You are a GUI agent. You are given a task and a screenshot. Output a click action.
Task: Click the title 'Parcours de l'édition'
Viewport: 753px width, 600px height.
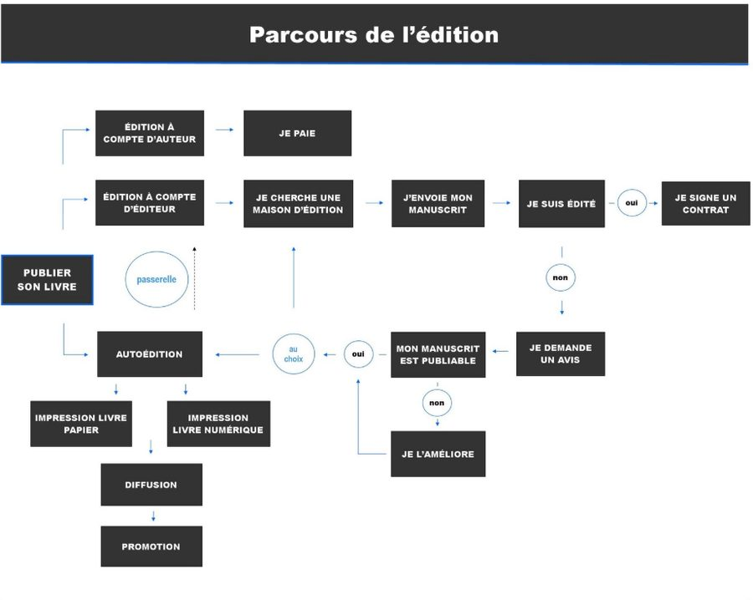tap(374, 35)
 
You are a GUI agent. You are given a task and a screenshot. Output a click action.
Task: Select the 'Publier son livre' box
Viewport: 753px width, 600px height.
tap(47, 280)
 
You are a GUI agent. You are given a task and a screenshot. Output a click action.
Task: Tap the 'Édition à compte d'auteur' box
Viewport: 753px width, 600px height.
tap(150, 133)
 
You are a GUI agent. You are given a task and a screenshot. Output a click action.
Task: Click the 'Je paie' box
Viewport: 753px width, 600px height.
tap(297, 133)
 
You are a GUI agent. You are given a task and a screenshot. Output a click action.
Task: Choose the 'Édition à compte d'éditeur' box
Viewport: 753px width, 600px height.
tap(150, 203)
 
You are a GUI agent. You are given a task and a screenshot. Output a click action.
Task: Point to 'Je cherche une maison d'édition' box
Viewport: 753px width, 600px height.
tap(298, 203)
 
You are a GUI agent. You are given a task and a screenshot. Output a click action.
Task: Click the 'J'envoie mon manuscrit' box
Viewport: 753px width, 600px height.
tap(438, 203)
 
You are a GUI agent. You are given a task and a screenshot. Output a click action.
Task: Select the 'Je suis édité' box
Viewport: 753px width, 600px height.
tap(561, 203)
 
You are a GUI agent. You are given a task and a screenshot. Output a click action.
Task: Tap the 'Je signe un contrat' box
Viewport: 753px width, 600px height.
tap(705, 203)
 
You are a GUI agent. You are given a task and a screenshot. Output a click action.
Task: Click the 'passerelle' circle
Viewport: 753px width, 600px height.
tap(156, 279)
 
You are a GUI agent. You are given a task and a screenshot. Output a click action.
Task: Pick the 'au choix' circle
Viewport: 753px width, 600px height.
tap(294, 353)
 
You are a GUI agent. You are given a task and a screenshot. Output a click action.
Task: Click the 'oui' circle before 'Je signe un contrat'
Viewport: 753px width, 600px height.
tap(632, 202)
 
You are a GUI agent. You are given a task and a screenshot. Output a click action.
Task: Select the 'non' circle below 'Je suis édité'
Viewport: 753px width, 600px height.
tap(561, 277)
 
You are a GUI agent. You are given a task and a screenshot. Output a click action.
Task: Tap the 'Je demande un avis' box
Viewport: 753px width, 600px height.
tap(561, 353)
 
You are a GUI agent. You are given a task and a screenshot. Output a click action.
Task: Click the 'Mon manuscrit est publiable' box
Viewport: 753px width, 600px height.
tap(438, 354)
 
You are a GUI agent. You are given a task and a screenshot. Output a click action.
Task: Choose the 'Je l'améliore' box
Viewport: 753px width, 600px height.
tap(438, 454)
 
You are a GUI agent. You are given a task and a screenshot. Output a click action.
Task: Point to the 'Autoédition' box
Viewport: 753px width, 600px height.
tap(150, 354)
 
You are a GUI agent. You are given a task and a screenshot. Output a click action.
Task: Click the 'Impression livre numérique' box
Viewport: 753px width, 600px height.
tap(218, 424)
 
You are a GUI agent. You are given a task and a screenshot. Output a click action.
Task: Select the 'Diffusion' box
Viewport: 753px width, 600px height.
tap(151, 485)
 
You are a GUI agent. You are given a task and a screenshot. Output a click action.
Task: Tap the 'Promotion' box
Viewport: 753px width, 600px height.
tap(151, 547)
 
